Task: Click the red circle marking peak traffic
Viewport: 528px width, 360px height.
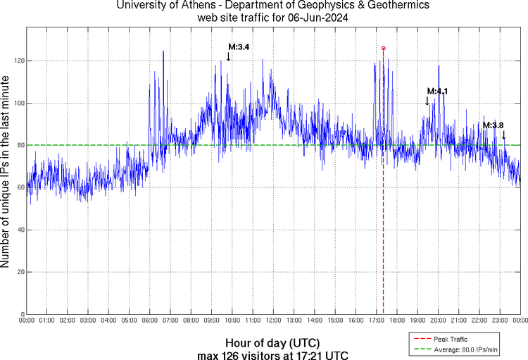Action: click(383, 48)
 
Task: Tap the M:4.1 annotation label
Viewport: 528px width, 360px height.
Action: click(437, 92)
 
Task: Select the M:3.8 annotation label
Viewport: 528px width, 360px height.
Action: click(493, 125)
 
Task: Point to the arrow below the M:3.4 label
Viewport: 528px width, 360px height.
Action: click(228, 56)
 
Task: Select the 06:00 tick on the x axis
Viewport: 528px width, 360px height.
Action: click(149, 321)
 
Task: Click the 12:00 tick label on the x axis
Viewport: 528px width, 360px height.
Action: click(273, 321)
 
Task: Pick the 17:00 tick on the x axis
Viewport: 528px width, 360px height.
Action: click(376, 321)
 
